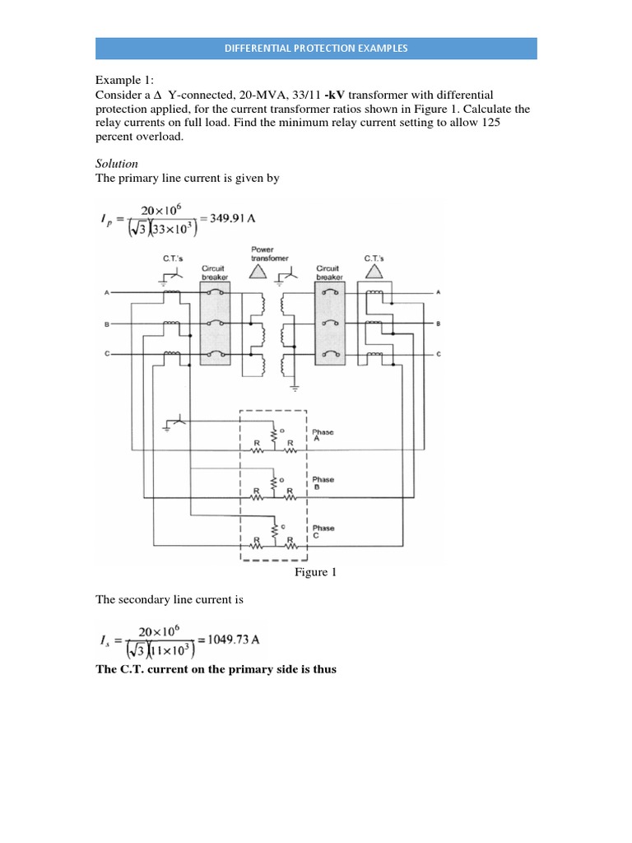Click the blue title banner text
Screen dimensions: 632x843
click(317, 49)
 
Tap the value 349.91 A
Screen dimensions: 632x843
click(235, 221)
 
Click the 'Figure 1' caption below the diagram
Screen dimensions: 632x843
click(315, 572)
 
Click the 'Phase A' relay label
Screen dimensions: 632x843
click(323, 435)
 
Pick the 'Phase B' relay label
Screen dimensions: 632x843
click(323, 482)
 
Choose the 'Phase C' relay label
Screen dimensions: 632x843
click(323, 531)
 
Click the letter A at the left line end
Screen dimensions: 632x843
click(106, 292)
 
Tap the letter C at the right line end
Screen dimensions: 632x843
click(438, 354)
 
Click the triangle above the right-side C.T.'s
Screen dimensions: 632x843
click(374, 271)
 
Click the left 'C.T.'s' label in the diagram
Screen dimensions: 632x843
click(175, 258)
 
